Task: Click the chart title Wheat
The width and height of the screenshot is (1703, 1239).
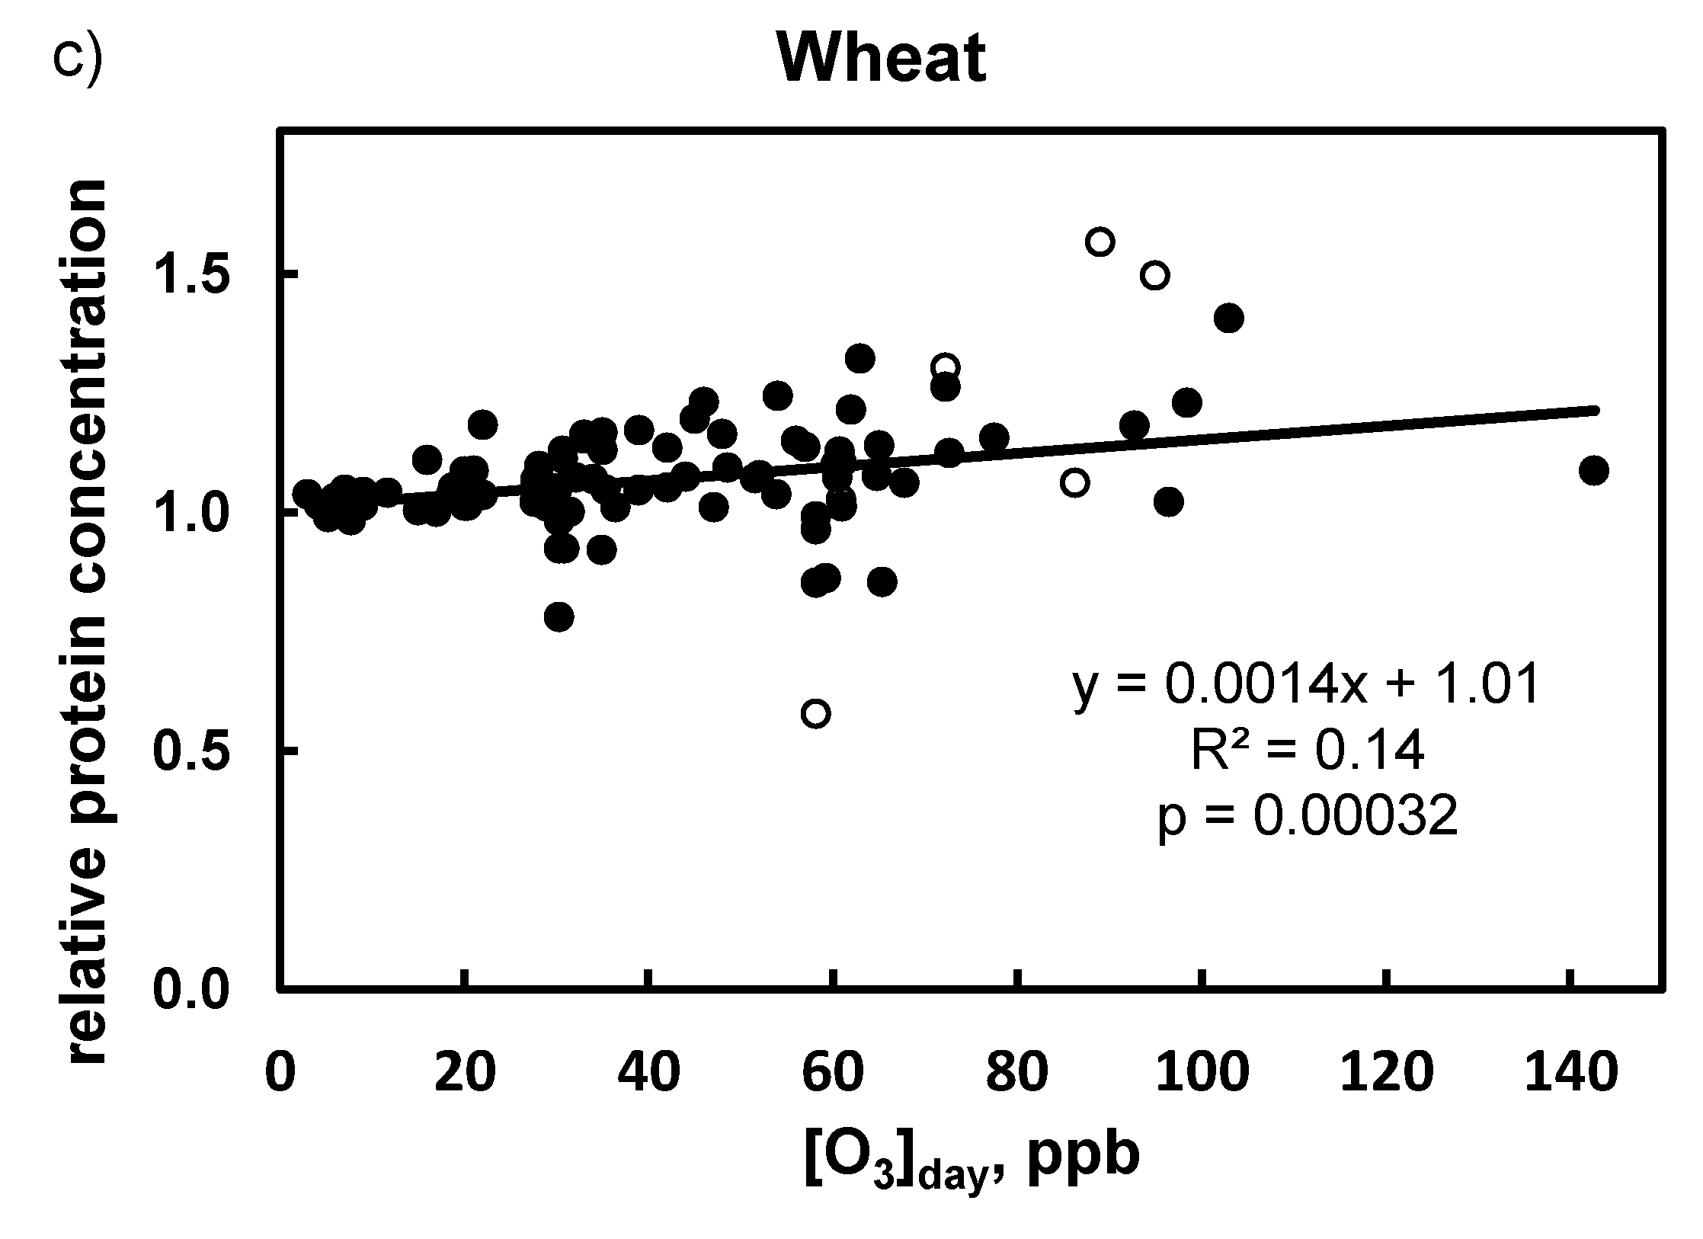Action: (882, 59)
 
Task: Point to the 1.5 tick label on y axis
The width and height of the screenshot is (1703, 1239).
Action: (192, 274)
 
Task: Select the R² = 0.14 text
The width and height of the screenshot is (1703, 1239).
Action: (1307, 751)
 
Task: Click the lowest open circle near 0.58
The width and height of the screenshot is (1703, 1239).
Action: (815, 713)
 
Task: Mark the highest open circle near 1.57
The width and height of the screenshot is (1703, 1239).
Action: (1100, 242)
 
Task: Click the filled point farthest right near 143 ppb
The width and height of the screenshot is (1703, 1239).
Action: (1593, 471)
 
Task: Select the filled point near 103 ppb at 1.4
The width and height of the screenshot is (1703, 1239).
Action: (1228, 318)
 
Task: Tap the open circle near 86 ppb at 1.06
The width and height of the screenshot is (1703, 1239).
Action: (1074, 482)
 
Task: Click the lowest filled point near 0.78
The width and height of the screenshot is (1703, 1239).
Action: (559, 616)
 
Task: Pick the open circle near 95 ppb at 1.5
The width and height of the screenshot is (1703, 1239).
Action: (1155, 275)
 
